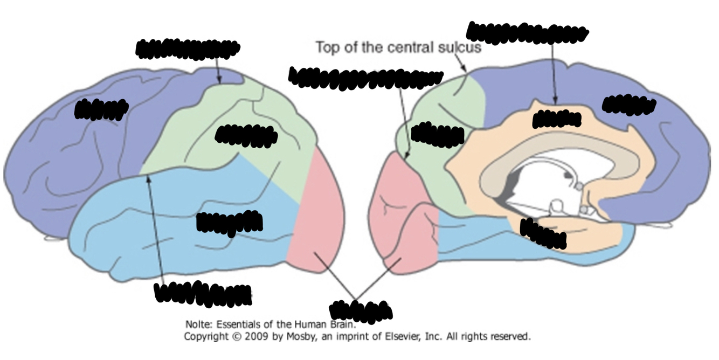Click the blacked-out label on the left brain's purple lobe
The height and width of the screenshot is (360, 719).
[x=101, y=109]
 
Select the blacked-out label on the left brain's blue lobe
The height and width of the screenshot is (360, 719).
[x=229, y=221]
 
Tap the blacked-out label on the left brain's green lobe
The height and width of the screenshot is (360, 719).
[x=246, y=135]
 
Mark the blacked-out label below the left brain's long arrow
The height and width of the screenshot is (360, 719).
[x=203, y=293]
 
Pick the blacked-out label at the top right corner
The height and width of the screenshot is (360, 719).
[x=527, y=32]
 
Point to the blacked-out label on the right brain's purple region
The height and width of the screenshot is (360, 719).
[x=628, y=105]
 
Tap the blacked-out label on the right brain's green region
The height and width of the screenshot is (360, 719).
[x=437, y=135]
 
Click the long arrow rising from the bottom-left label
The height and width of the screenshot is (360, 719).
[x=155, y=232]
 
